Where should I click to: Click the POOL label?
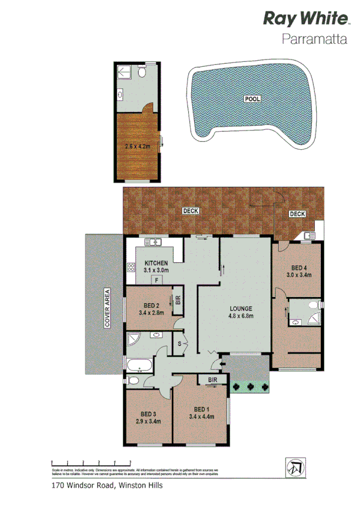click(252, 98)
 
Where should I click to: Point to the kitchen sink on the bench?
click(154, 242)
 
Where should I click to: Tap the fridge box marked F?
click(156, 280)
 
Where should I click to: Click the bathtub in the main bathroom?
click(140, 364)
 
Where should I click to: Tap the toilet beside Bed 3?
click(133, 380)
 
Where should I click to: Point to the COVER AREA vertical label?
click(108, 308)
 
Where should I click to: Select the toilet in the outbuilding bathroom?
click(142, 72)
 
